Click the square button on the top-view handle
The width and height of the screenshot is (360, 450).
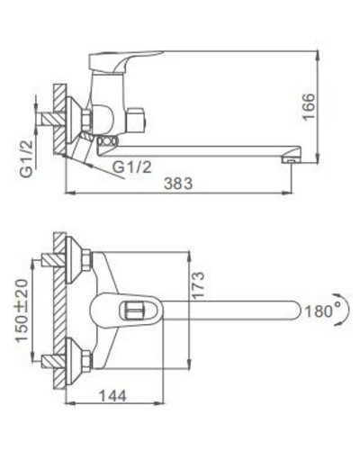coord(131,311)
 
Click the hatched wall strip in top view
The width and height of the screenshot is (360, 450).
coord(58,310)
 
